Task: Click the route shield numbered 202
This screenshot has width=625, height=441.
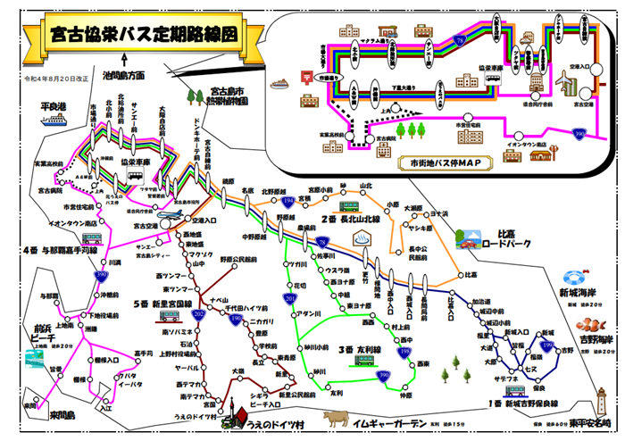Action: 199,313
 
